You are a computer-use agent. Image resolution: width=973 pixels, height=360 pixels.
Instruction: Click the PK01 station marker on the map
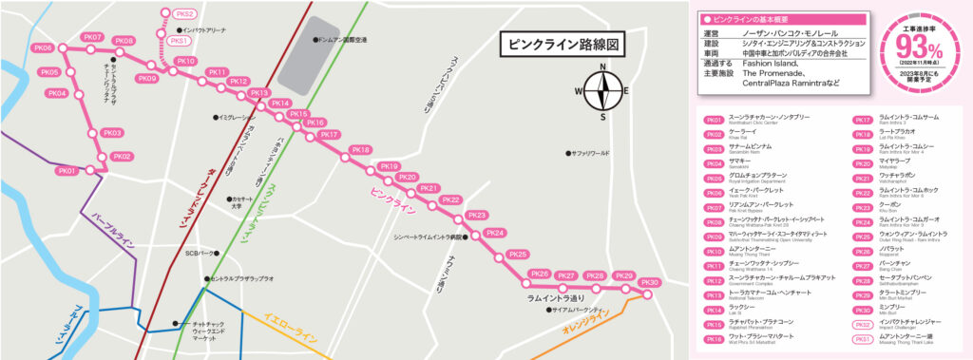pos(67,171)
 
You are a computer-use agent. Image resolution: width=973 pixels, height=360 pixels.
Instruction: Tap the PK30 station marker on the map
pos(650,283)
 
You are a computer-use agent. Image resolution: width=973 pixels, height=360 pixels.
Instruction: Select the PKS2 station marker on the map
pos(184,14)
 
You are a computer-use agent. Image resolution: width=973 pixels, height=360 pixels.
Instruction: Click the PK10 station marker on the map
pos(186,63)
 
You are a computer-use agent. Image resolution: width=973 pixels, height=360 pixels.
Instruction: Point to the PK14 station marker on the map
pos(280,104)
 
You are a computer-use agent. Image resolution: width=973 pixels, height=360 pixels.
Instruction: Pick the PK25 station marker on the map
pos(518,255)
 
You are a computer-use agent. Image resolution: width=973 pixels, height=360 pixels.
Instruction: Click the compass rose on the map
pos(601,91)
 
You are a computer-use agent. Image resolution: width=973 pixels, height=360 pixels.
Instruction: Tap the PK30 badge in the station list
pos(863,310)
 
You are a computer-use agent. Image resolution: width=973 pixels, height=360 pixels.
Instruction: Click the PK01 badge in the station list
pos(714,120)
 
